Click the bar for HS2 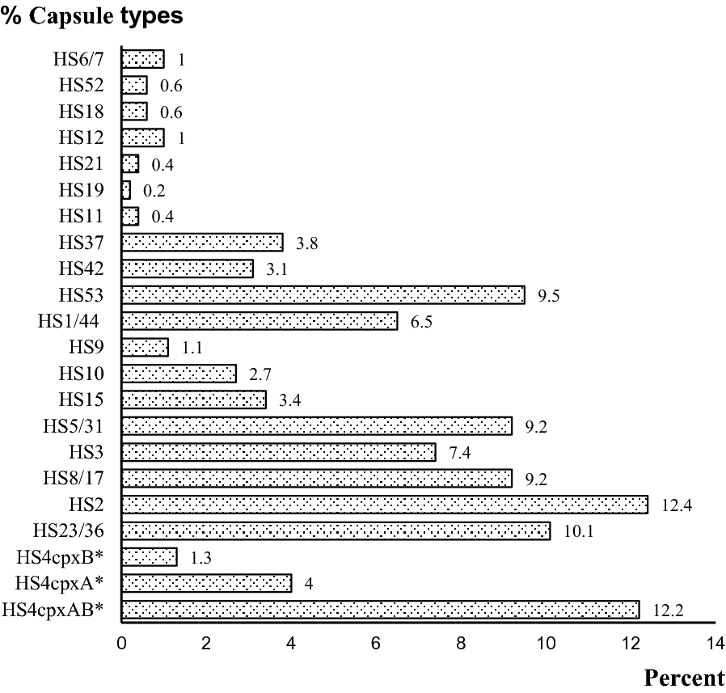(x=384, y=505)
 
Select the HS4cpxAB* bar (x=380, y=609)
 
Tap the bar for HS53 (x=323, y=294)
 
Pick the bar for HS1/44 (x=259, y=321)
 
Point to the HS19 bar (x=126, y=190)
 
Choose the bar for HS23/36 (x=336, y=530)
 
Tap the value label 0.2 (x=154, y=191)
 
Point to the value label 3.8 (x=306, y=243)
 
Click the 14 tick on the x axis (x=715, y=644)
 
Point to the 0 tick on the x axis (x=121, y=644)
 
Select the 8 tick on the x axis (x=460, y=644)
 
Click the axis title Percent (x=684, y=678)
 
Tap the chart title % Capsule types (x=91, y=15)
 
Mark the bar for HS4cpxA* (x=206, y=583)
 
